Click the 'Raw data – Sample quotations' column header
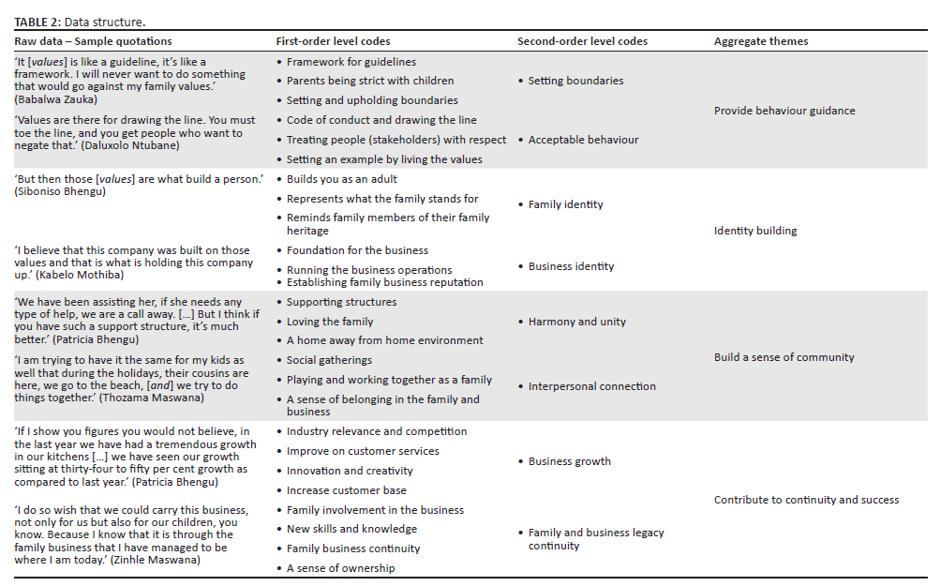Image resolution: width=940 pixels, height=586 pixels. [93, 41]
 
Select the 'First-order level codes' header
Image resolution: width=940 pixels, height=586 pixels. [333, 41]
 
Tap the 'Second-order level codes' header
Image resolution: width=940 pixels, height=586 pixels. [582, 41]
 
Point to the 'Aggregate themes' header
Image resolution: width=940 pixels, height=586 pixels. [760, 41]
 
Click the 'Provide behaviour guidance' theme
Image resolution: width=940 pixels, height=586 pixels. [783, 111]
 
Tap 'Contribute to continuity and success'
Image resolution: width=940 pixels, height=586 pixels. [806, 500]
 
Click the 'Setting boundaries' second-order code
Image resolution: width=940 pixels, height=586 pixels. [575, 81]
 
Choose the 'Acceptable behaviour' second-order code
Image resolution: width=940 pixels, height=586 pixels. [583, 140]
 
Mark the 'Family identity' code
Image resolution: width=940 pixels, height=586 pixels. [565, 204]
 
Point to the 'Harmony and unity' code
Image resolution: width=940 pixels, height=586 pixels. [576, 322]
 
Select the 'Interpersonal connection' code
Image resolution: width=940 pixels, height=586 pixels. [591, 386]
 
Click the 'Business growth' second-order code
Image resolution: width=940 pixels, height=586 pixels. [569, 461]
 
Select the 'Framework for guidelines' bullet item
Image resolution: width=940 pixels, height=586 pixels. [351, 62]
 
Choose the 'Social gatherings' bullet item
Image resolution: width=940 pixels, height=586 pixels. [329, 360]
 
